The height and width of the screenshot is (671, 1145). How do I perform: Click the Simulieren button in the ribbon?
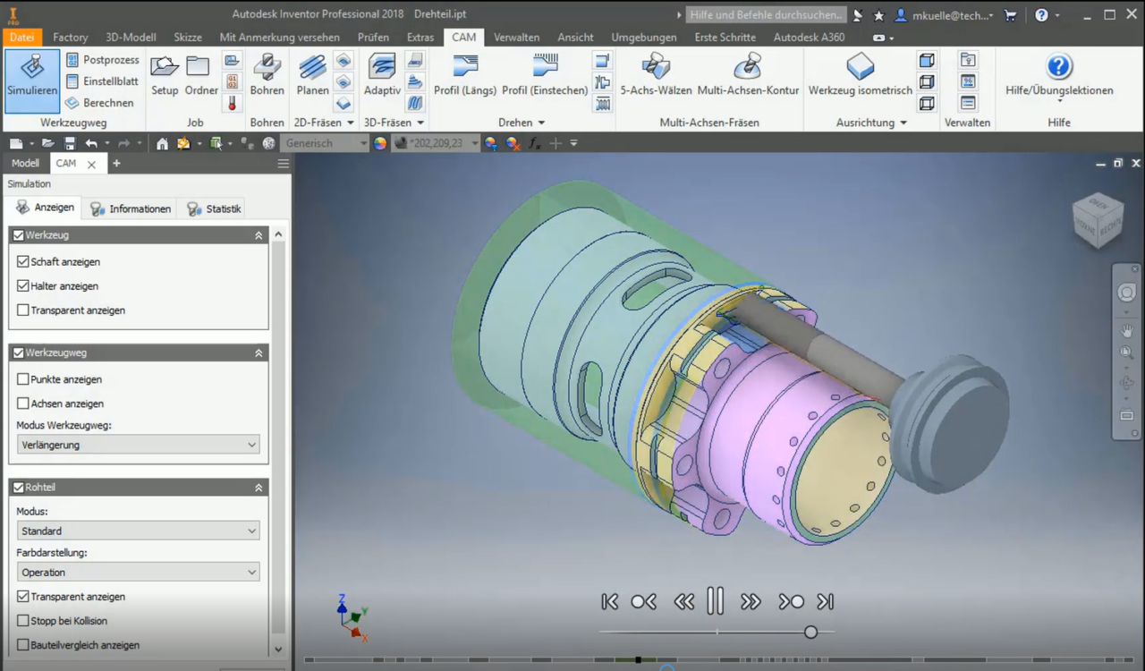[x=32, y=76]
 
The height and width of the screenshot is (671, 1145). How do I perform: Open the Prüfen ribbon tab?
[x=373, y=38]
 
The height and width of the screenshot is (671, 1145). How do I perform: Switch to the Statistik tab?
[x=214, y=208]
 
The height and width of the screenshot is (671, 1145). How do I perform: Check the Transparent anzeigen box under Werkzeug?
[x=23, y=310]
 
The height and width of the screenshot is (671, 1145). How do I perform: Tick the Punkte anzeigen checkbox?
[x=23, y=379]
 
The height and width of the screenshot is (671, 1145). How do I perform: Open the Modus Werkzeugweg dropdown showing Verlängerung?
[x=138, y=445]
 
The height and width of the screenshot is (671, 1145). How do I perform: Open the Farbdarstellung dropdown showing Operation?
[x=138, y=572]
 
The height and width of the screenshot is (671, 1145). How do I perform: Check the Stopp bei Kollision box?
[x=23, y=621]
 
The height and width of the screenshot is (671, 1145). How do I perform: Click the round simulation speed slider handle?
[x=810, y=632]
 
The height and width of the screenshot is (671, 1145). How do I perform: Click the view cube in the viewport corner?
[x=1098, y=219]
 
